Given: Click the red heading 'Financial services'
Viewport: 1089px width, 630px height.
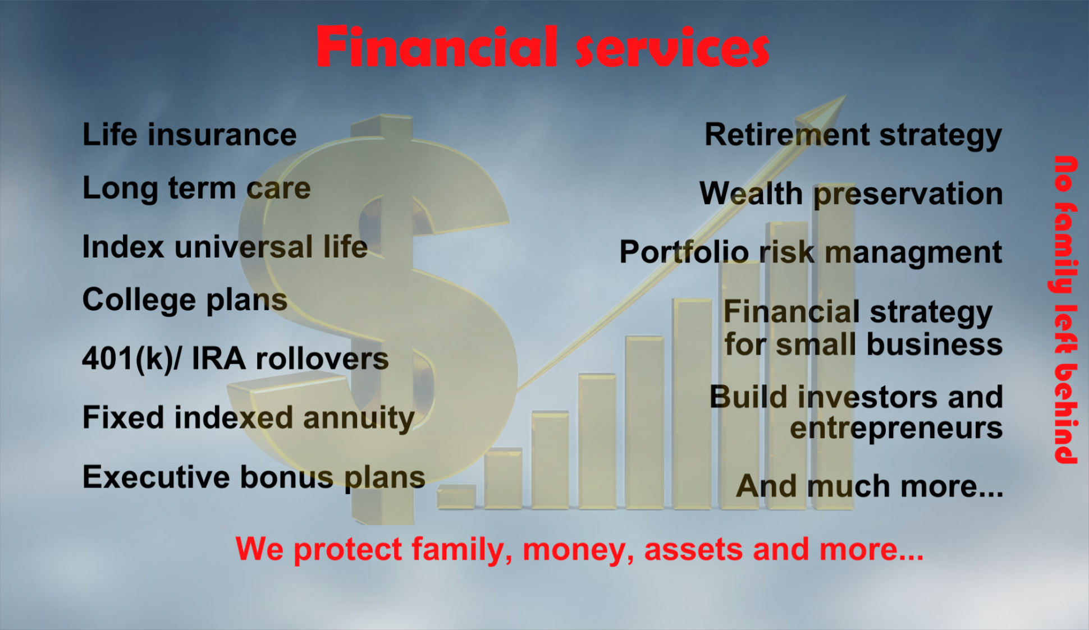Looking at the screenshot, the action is (x=543, y=47).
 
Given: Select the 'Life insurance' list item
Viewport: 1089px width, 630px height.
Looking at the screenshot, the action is (x=190, y=135).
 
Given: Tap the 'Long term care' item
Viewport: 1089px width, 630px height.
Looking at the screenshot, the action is (x=196, y=188).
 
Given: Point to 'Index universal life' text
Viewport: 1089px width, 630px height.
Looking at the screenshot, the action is (x=225, y=247).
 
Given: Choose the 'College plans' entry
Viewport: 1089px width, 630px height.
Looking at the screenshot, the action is (x=185, y=300).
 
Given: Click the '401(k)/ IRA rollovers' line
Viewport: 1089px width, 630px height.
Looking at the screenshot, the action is (x=235, y=359).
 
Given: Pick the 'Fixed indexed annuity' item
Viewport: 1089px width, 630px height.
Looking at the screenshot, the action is (x=249, y=419).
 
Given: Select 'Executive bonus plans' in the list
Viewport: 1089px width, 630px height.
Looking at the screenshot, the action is (x=254, y=477).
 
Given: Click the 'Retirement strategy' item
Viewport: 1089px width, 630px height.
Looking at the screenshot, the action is (x=853, y=136).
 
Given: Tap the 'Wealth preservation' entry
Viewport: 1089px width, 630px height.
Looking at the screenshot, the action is (x=851, y=194).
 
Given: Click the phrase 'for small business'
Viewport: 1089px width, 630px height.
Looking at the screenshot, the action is (x=863, y=344).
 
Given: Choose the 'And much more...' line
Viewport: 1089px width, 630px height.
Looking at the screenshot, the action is (x=870, y=486).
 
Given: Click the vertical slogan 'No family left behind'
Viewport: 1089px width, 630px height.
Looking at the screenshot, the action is (x=1066, y=310).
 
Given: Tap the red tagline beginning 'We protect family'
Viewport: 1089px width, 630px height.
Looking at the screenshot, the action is (x=579, y=549).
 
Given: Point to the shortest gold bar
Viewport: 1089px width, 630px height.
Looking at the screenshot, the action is (x=457, y=497).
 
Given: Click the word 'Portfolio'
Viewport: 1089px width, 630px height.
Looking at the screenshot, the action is (x=684, y=252).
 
